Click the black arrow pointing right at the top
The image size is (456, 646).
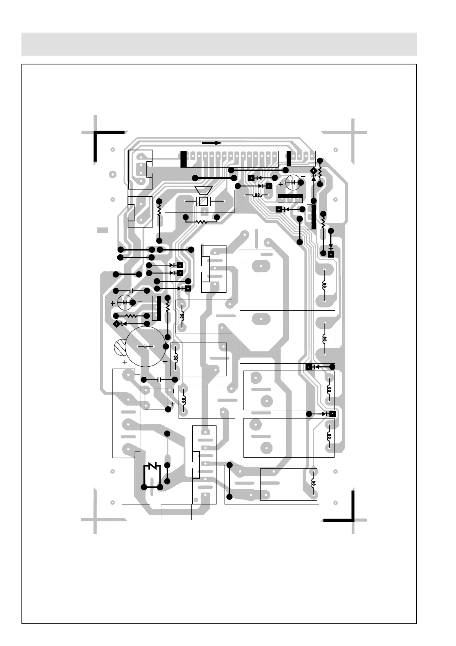[212, 143]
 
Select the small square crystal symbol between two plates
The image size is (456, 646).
[203, 201]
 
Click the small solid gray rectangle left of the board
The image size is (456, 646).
[102, 231]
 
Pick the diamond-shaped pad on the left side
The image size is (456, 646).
[116, 324]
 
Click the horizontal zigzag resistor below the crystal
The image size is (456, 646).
[201, 221]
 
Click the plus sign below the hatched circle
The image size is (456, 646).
[125, 362]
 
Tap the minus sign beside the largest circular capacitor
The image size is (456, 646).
[165, 361]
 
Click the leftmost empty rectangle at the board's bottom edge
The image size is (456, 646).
[136, 512]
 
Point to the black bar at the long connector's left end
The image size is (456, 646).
[184, 159]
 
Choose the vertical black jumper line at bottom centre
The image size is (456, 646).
[229, 481]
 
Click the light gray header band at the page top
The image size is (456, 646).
[219, 44]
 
